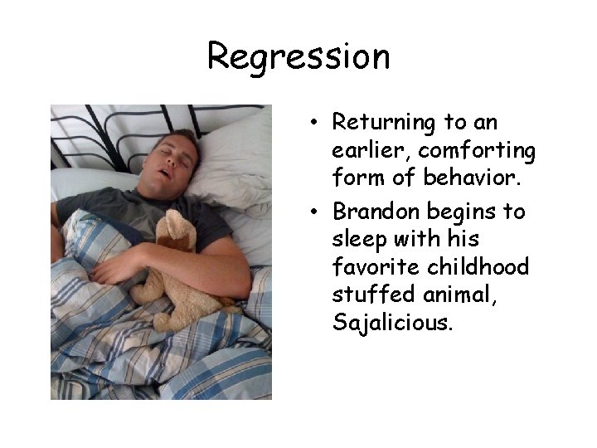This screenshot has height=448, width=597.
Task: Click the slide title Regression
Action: tap(298, 56)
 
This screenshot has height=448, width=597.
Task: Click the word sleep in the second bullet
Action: tap(357, 241)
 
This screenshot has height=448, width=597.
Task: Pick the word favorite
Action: tap(371, 267)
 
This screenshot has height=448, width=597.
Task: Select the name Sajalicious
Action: tap(392, 323)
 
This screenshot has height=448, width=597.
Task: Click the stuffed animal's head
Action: tap(175, 231)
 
